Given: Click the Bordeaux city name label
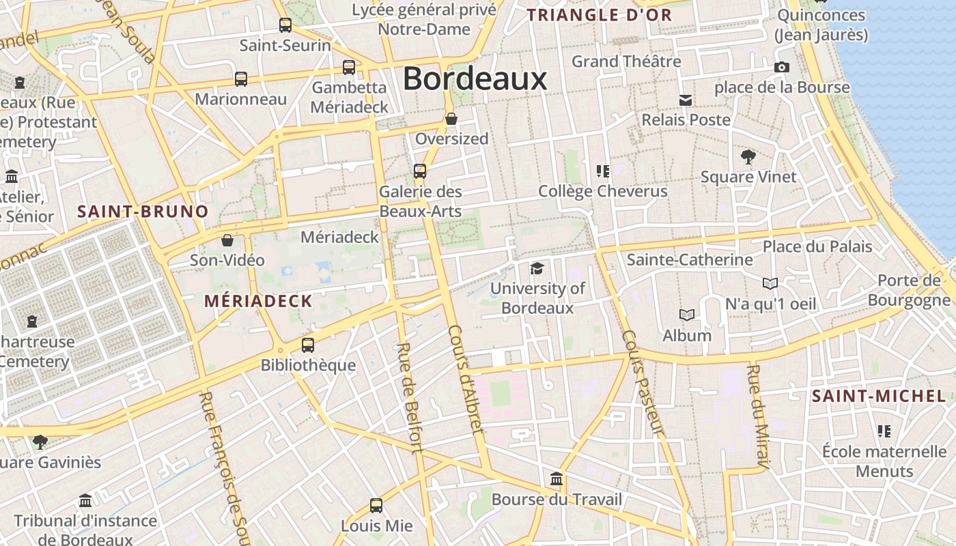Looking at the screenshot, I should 475,79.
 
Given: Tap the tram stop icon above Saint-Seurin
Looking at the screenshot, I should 285,25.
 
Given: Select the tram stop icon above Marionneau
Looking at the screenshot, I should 241,78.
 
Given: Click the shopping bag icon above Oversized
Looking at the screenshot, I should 451,119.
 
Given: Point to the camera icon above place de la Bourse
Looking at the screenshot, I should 782,67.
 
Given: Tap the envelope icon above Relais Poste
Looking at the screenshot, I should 686,100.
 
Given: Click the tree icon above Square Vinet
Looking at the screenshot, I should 748,157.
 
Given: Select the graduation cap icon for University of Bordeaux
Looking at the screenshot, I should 537,268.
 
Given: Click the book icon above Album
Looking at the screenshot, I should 687,315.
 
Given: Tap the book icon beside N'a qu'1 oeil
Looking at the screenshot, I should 770,283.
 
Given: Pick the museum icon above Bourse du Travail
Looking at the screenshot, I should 557,479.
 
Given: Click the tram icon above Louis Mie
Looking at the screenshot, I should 376,506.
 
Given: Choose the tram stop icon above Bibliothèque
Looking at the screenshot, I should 308,345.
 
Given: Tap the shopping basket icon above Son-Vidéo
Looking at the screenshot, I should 227,240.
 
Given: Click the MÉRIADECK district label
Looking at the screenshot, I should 258,301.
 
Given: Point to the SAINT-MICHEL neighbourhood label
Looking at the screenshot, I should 879,396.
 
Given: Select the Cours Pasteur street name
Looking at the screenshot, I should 643,382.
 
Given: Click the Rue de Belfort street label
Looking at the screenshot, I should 408,397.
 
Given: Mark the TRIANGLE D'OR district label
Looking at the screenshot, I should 600,15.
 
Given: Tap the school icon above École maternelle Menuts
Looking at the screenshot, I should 884,431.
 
